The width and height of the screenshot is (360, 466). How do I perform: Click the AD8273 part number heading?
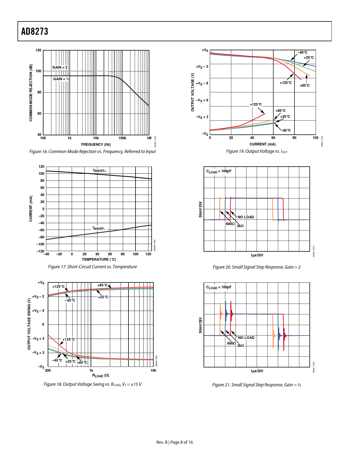click(x=35, y=31)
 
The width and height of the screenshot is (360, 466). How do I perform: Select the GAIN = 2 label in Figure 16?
click(x=60, y=67)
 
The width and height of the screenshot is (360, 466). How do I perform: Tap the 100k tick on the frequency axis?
click(x=122, y=138)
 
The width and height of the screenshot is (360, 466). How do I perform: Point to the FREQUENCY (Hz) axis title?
click(x=96, y=144)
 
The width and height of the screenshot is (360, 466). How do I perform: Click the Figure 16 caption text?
click(x=92, y=152)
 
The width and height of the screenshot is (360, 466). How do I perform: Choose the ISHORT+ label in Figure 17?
click(x=99, y=171)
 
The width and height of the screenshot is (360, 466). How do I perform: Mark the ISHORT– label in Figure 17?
click(x=99, y=228)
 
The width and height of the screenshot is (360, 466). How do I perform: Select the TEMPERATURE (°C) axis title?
click(x=99, y=259)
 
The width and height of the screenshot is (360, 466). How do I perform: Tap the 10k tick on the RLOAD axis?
click(x=153, y=371)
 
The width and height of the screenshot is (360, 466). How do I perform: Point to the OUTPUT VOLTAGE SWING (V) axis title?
click(x=29, y=324)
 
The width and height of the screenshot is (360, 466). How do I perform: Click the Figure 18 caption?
click(x=92, y=384)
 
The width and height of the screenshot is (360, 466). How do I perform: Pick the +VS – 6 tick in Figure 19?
click(x=202, y=83)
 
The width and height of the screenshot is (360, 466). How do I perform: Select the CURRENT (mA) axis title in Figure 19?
click(x=263, y=144)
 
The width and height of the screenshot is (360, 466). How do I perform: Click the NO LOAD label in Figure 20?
click(x=246, y=217)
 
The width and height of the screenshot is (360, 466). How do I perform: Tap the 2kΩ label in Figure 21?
click(x=241, y=345)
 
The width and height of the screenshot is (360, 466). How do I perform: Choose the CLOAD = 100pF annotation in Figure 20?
click(x=219, y=171)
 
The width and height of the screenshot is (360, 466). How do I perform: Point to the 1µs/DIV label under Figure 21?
click(x=257, y=371)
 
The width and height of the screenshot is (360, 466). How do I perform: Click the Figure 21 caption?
click(x=256, y=385)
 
